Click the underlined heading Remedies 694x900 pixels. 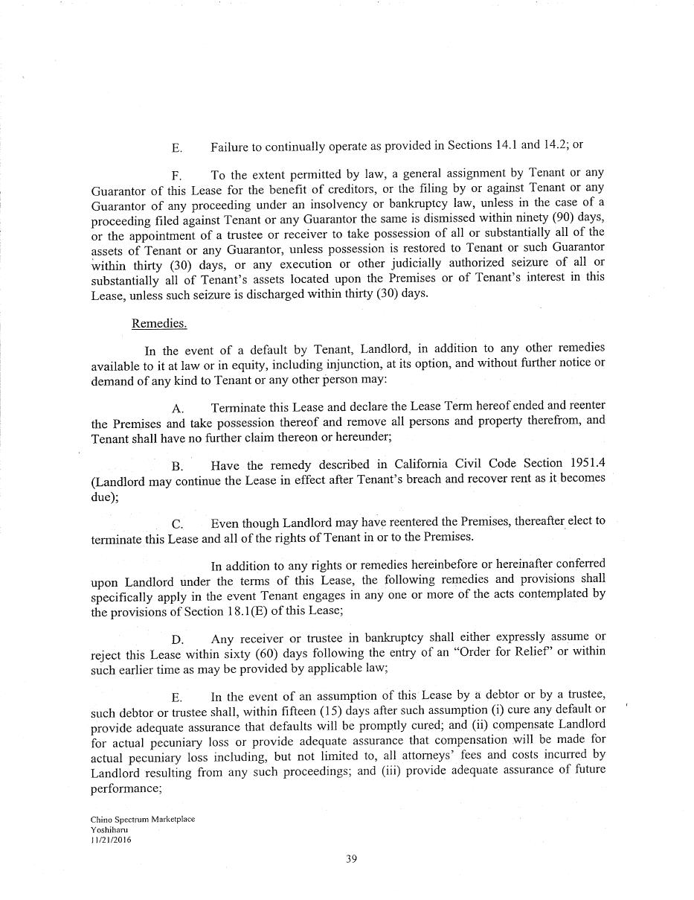[x=159, y=323]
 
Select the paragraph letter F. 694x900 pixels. [x=177, y=176]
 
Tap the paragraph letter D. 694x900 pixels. [x=177, y=639]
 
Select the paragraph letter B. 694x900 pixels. [x=177, y=467]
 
